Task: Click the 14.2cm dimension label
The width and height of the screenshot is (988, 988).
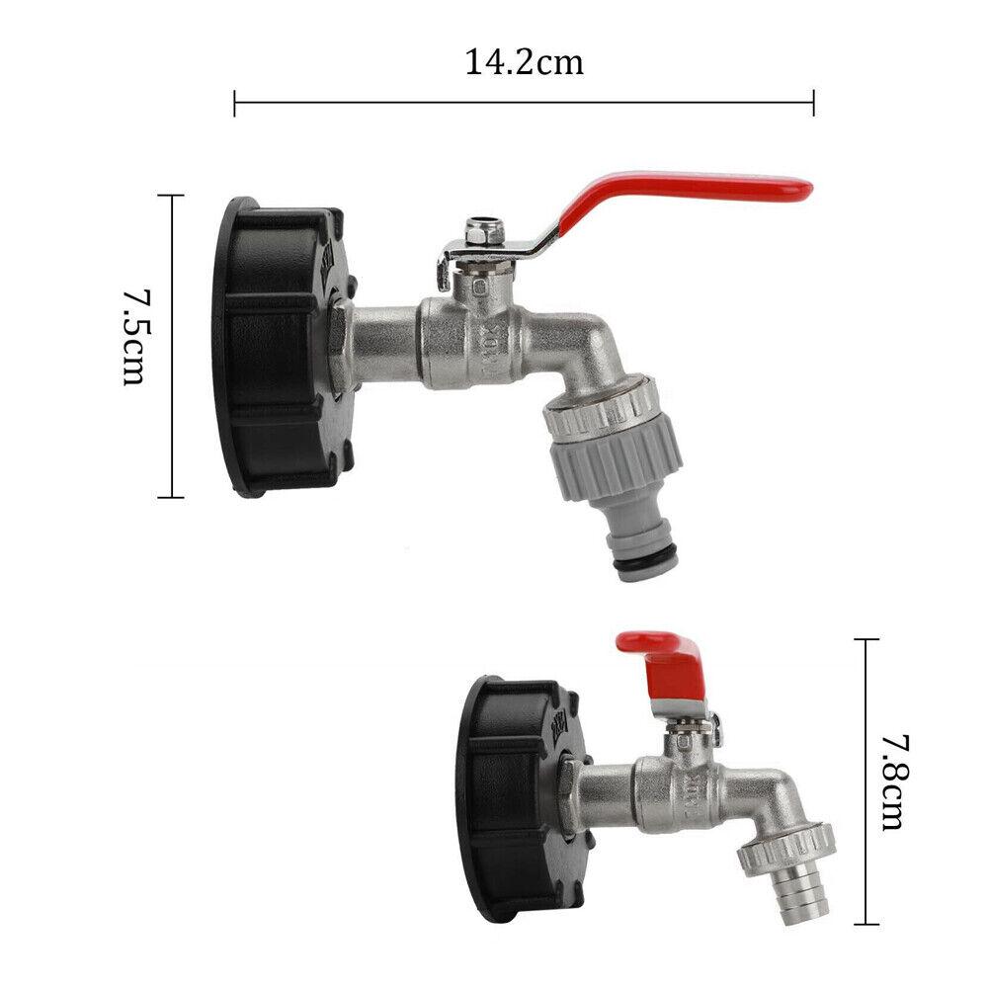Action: (524, 63)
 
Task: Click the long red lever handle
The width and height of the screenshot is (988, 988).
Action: (682, 193)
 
